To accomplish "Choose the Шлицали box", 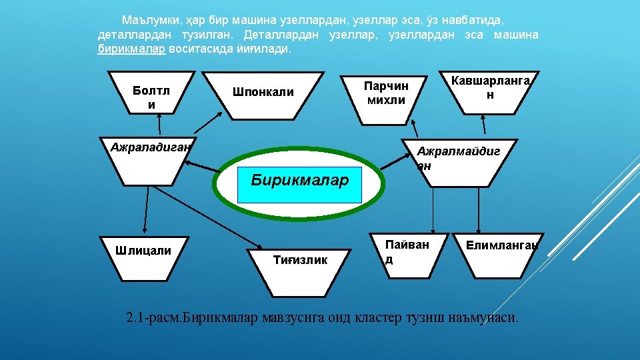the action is pyautogui.click(x=143, y=257).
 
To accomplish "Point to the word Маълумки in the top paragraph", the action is pyautogui.click(x=145, y=21).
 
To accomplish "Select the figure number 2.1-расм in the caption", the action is pyautogui.click(x=153, y=317).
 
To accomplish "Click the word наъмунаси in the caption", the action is pyautogui.click(x=484, y=317).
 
